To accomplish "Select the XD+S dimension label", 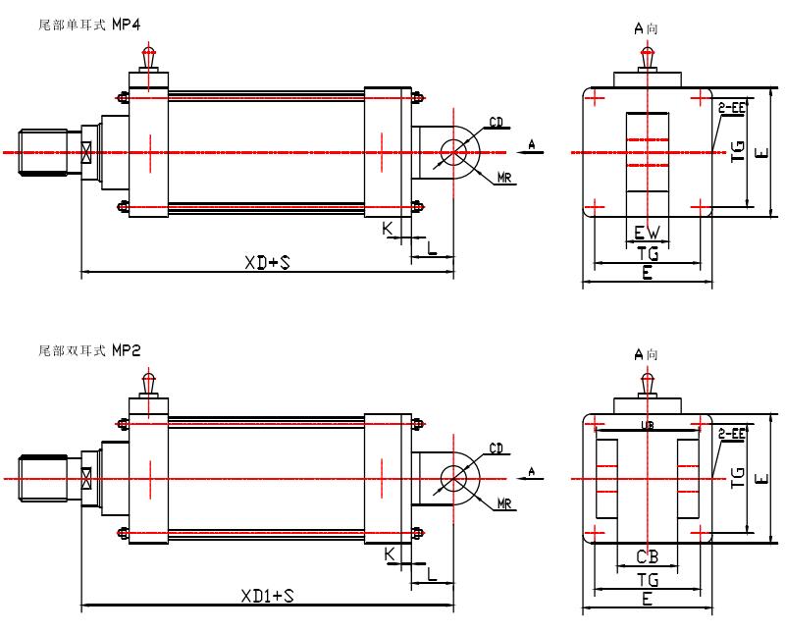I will click(267, 262).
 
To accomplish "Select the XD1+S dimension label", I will click(267, 595).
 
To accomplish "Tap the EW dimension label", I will click(647, 234).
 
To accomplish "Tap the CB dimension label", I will click(647, 557).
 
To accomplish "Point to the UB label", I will click(647, 424).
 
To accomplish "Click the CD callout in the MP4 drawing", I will click(497, 123).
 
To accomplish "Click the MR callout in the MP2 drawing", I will click(505, 503).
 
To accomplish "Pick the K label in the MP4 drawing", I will click(389, 229).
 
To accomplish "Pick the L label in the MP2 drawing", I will click(431, 577).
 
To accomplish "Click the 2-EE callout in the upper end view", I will click(731, 106).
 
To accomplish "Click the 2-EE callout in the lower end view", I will click(731, 432).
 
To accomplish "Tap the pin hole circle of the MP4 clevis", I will click(454, 153).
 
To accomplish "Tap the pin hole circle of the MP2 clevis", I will click(454, 479).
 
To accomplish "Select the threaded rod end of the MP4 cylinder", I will click(44, 153).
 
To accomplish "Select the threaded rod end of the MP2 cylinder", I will click(44, 479).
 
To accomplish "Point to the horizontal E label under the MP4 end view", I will click(647, 275).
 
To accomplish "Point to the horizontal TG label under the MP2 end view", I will click(647, 580).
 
